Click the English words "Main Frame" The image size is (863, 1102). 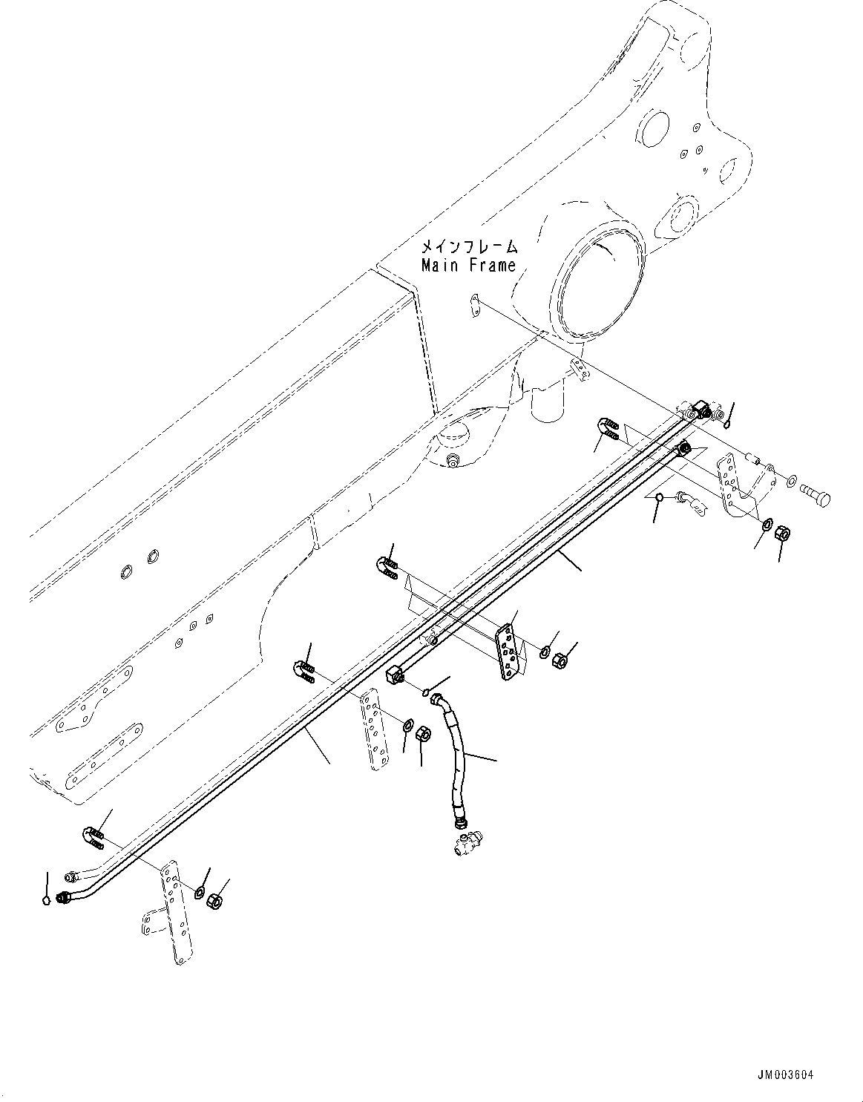coord(468,265)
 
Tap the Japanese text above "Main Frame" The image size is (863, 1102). coord(468,246)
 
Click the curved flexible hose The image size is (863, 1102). coord(455,757)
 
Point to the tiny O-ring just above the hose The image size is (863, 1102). coord(427,693)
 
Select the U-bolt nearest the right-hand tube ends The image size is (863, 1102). coord(608,430)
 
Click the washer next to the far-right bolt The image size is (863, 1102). coord(793,482)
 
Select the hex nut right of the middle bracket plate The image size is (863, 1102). coord(562,658)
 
